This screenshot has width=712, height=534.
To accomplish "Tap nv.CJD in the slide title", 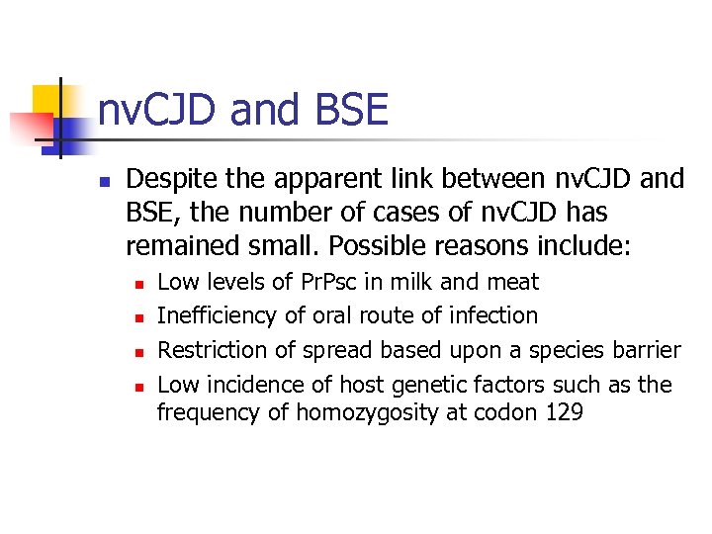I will [158, 110].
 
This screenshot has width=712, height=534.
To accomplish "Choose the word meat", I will [511, 282].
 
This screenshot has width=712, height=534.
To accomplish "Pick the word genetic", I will [422, 384].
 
